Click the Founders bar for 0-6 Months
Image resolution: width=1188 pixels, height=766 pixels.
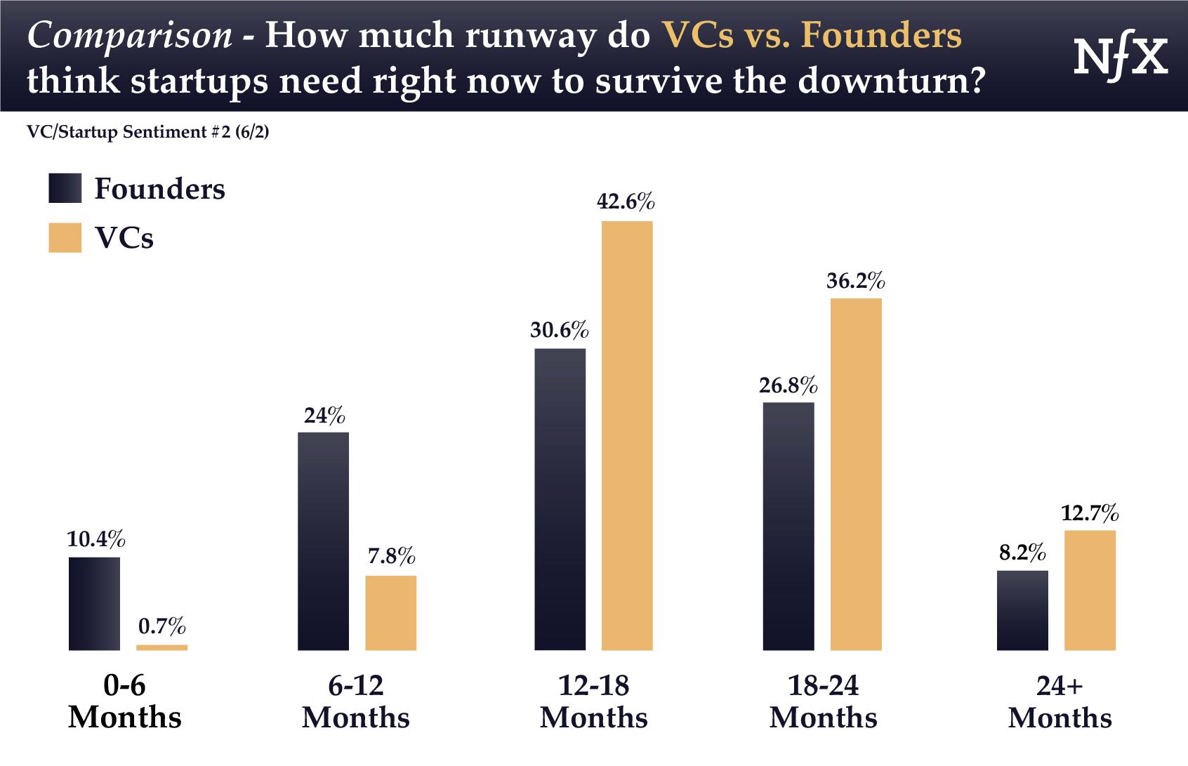94,604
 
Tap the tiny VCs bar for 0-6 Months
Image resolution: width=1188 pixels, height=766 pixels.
161,647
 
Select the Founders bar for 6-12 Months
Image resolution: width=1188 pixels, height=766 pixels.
323,541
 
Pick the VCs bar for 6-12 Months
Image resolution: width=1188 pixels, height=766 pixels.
390,613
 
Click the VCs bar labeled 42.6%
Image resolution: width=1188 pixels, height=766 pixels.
627,435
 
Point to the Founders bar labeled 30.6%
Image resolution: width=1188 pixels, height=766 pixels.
560,499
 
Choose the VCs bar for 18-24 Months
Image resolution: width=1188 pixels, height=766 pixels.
856,475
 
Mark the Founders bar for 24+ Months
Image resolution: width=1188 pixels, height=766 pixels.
1022,610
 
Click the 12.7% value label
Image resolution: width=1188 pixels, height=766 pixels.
1090,514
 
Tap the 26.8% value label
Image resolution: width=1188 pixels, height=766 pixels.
788,386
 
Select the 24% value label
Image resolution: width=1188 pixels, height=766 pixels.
324,416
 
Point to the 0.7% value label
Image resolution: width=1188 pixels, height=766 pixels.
161,626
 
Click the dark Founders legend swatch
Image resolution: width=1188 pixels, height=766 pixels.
65,188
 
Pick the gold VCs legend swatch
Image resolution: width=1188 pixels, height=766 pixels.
65,237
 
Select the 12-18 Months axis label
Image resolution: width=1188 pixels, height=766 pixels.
594,701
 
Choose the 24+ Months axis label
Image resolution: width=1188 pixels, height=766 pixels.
1060,701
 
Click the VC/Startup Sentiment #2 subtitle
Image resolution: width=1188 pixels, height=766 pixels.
147,132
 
